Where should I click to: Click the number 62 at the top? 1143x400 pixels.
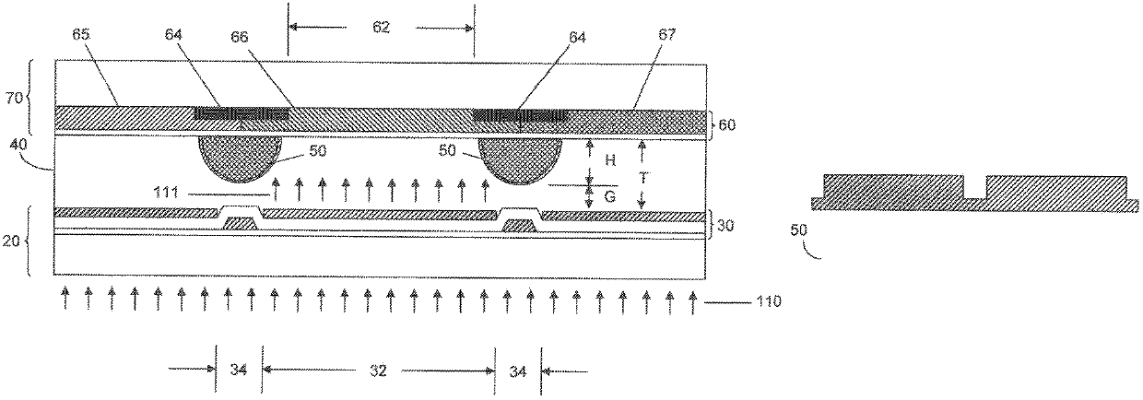tap(382, 27)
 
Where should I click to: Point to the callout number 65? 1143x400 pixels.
tap(80, 35)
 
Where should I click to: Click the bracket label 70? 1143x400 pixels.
tap(15, 97)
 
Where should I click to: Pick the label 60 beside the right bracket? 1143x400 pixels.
tap(726, 125)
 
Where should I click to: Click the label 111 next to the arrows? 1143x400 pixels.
tap(165, 193)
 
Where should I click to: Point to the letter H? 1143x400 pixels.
tap(610, 160)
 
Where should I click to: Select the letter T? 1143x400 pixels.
tap(644, 178)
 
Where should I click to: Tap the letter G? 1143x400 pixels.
tap(610, 196)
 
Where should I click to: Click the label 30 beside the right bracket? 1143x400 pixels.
tap(725, 225)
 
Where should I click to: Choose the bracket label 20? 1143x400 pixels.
tap(11, 241)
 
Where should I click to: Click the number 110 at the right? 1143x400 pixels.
tap(769, 301)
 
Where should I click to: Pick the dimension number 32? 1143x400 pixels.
tap(378, 370)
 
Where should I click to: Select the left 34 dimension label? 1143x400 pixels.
tap(239, 370)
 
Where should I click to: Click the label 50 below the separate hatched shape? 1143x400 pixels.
tap(799, 230)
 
